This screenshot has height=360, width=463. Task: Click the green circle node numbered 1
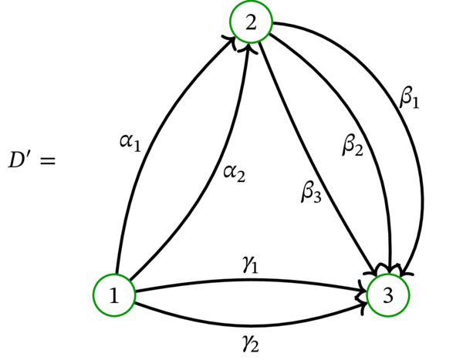(114, 296)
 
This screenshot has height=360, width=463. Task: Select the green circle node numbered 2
(251, 24)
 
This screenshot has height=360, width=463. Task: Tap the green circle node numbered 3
(389, 296)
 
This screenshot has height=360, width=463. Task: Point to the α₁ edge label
(130, 141)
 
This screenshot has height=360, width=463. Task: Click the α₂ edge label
(234, 173)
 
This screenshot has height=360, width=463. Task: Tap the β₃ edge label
(311, 190)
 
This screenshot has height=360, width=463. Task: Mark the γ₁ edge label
(249, 265)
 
